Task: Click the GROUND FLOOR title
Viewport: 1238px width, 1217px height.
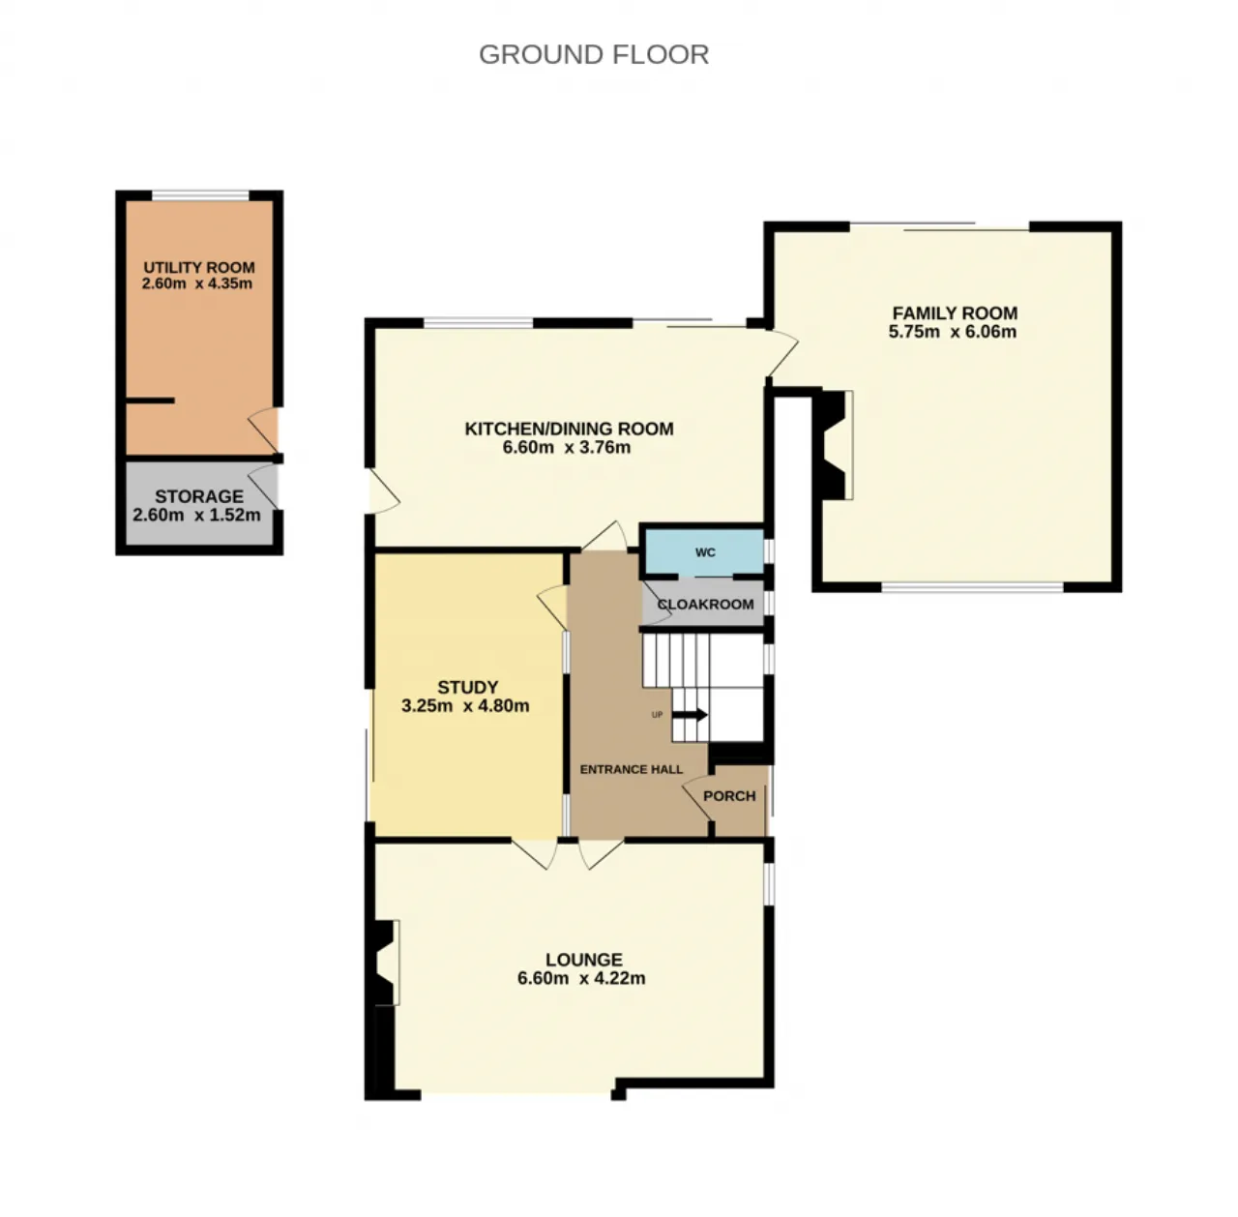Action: click(594, 54)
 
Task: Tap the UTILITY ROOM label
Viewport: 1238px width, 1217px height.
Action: click(199, 267)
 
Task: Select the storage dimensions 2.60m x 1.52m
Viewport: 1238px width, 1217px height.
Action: click(196, 515)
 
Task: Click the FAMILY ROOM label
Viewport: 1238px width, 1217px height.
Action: click(955, 313)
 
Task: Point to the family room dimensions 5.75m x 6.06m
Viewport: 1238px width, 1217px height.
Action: click(952, 332)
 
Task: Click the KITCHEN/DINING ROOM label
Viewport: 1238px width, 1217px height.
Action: click(570, 429)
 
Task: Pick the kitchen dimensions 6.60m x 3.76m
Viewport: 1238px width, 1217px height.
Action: click(567, 448)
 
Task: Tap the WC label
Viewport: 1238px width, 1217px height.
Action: click(705, 553)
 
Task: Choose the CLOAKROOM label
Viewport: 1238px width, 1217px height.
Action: click(705, 605)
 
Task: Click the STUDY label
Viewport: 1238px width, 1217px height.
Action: click(468, 687)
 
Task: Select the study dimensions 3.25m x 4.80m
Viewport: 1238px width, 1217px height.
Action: click(465, 706)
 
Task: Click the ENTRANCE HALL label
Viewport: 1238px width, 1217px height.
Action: click(631, 769)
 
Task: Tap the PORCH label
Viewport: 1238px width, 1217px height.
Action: click(729, 796)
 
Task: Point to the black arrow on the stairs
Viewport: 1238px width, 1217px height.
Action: click(691, 715)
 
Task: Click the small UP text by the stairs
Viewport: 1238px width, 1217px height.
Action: click(657, 715)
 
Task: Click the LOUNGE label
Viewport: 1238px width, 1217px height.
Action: click(584, 960)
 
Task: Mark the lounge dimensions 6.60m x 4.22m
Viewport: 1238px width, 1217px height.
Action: click(581, 978)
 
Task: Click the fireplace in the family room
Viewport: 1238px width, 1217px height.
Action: click(834, 445)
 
